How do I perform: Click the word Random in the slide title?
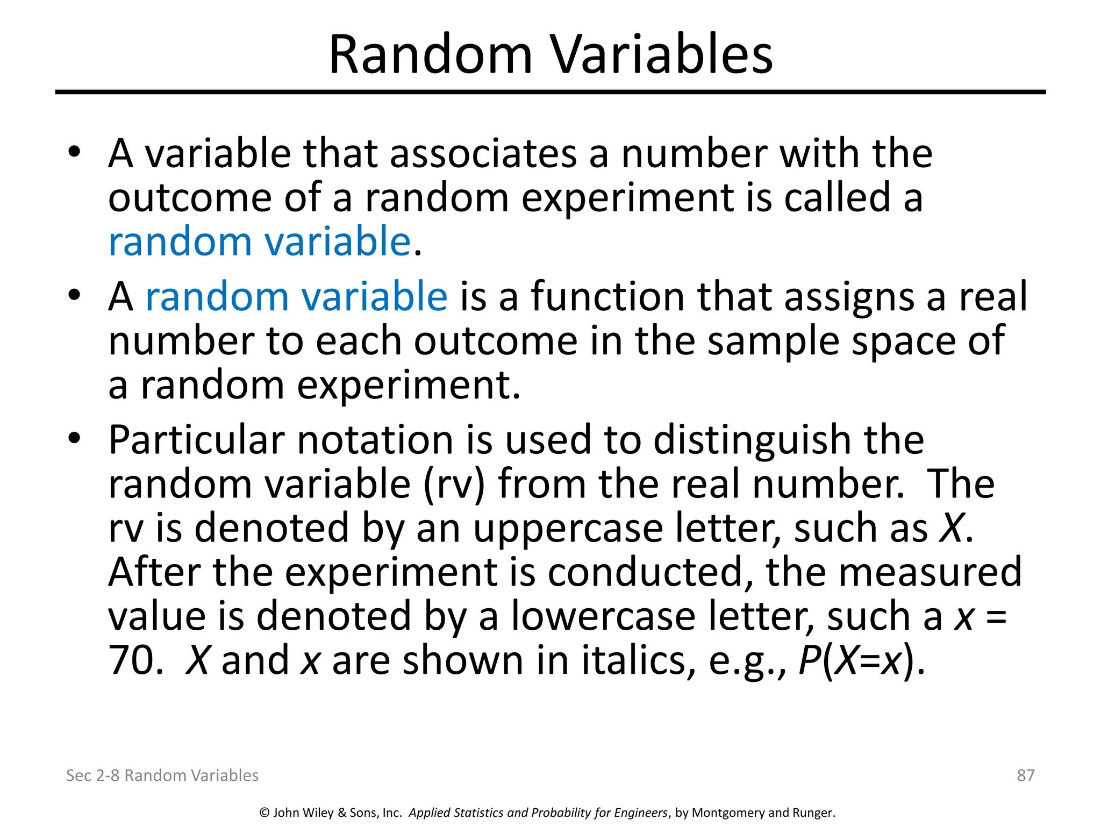click(430, 55)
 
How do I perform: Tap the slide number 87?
click(1025, 775)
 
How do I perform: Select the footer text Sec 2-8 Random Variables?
click(162, 775)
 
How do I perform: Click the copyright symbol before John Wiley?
click(264, 813)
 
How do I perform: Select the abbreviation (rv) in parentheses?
click(453, 484)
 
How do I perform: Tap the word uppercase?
click(568, 529)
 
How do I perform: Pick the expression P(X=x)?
click(861, 660)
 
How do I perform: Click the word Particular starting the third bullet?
click(196, 440)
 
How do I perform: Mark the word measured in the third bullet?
click(930, 572)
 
